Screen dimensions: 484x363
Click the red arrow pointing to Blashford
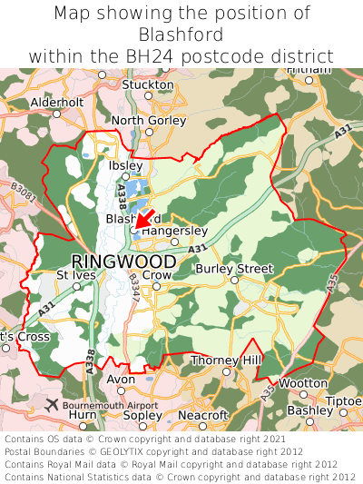click(x=142, y=220)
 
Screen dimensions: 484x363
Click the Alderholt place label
click(x=56, y=103)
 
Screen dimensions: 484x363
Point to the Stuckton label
click(x=147, y=84)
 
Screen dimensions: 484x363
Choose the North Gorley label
click(x=148, y=120)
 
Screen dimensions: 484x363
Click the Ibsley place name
click(x=125, y=166)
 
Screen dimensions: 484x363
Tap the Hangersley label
click(x=174, y=231)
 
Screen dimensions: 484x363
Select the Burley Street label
click(x=234, y=269)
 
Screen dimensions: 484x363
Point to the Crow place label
click(x=157, y=275)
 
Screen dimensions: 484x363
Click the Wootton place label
click(x=302, y=383)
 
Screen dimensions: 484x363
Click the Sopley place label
click(x=142, y=415)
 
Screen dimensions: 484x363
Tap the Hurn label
click(x=83, y=415)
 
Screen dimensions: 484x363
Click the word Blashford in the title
click(x=181, y=35)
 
